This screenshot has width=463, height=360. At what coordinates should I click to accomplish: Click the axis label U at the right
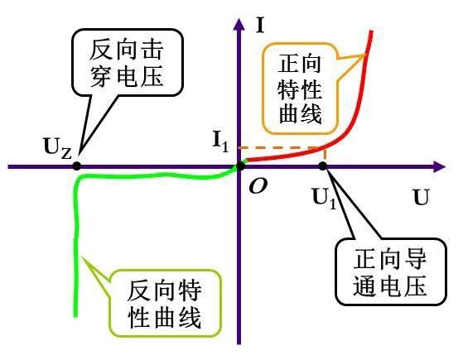pyautogui.click(x=422, y=199)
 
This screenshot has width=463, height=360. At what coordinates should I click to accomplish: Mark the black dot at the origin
pyautogui.click(x=239, y=166)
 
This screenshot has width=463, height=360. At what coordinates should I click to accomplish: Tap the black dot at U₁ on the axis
pyautogui.click(x=323, y=166)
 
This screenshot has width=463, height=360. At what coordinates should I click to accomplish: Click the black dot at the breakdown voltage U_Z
pyautogui.click(x=77, y=166)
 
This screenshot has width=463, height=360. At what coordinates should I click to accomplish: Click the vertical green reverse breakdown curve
pyautogui.click(x=79, y=248)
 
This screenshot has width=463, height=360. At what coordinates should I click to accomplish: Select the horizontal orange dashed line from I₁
pyautogui.click(x=282, y=148)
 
